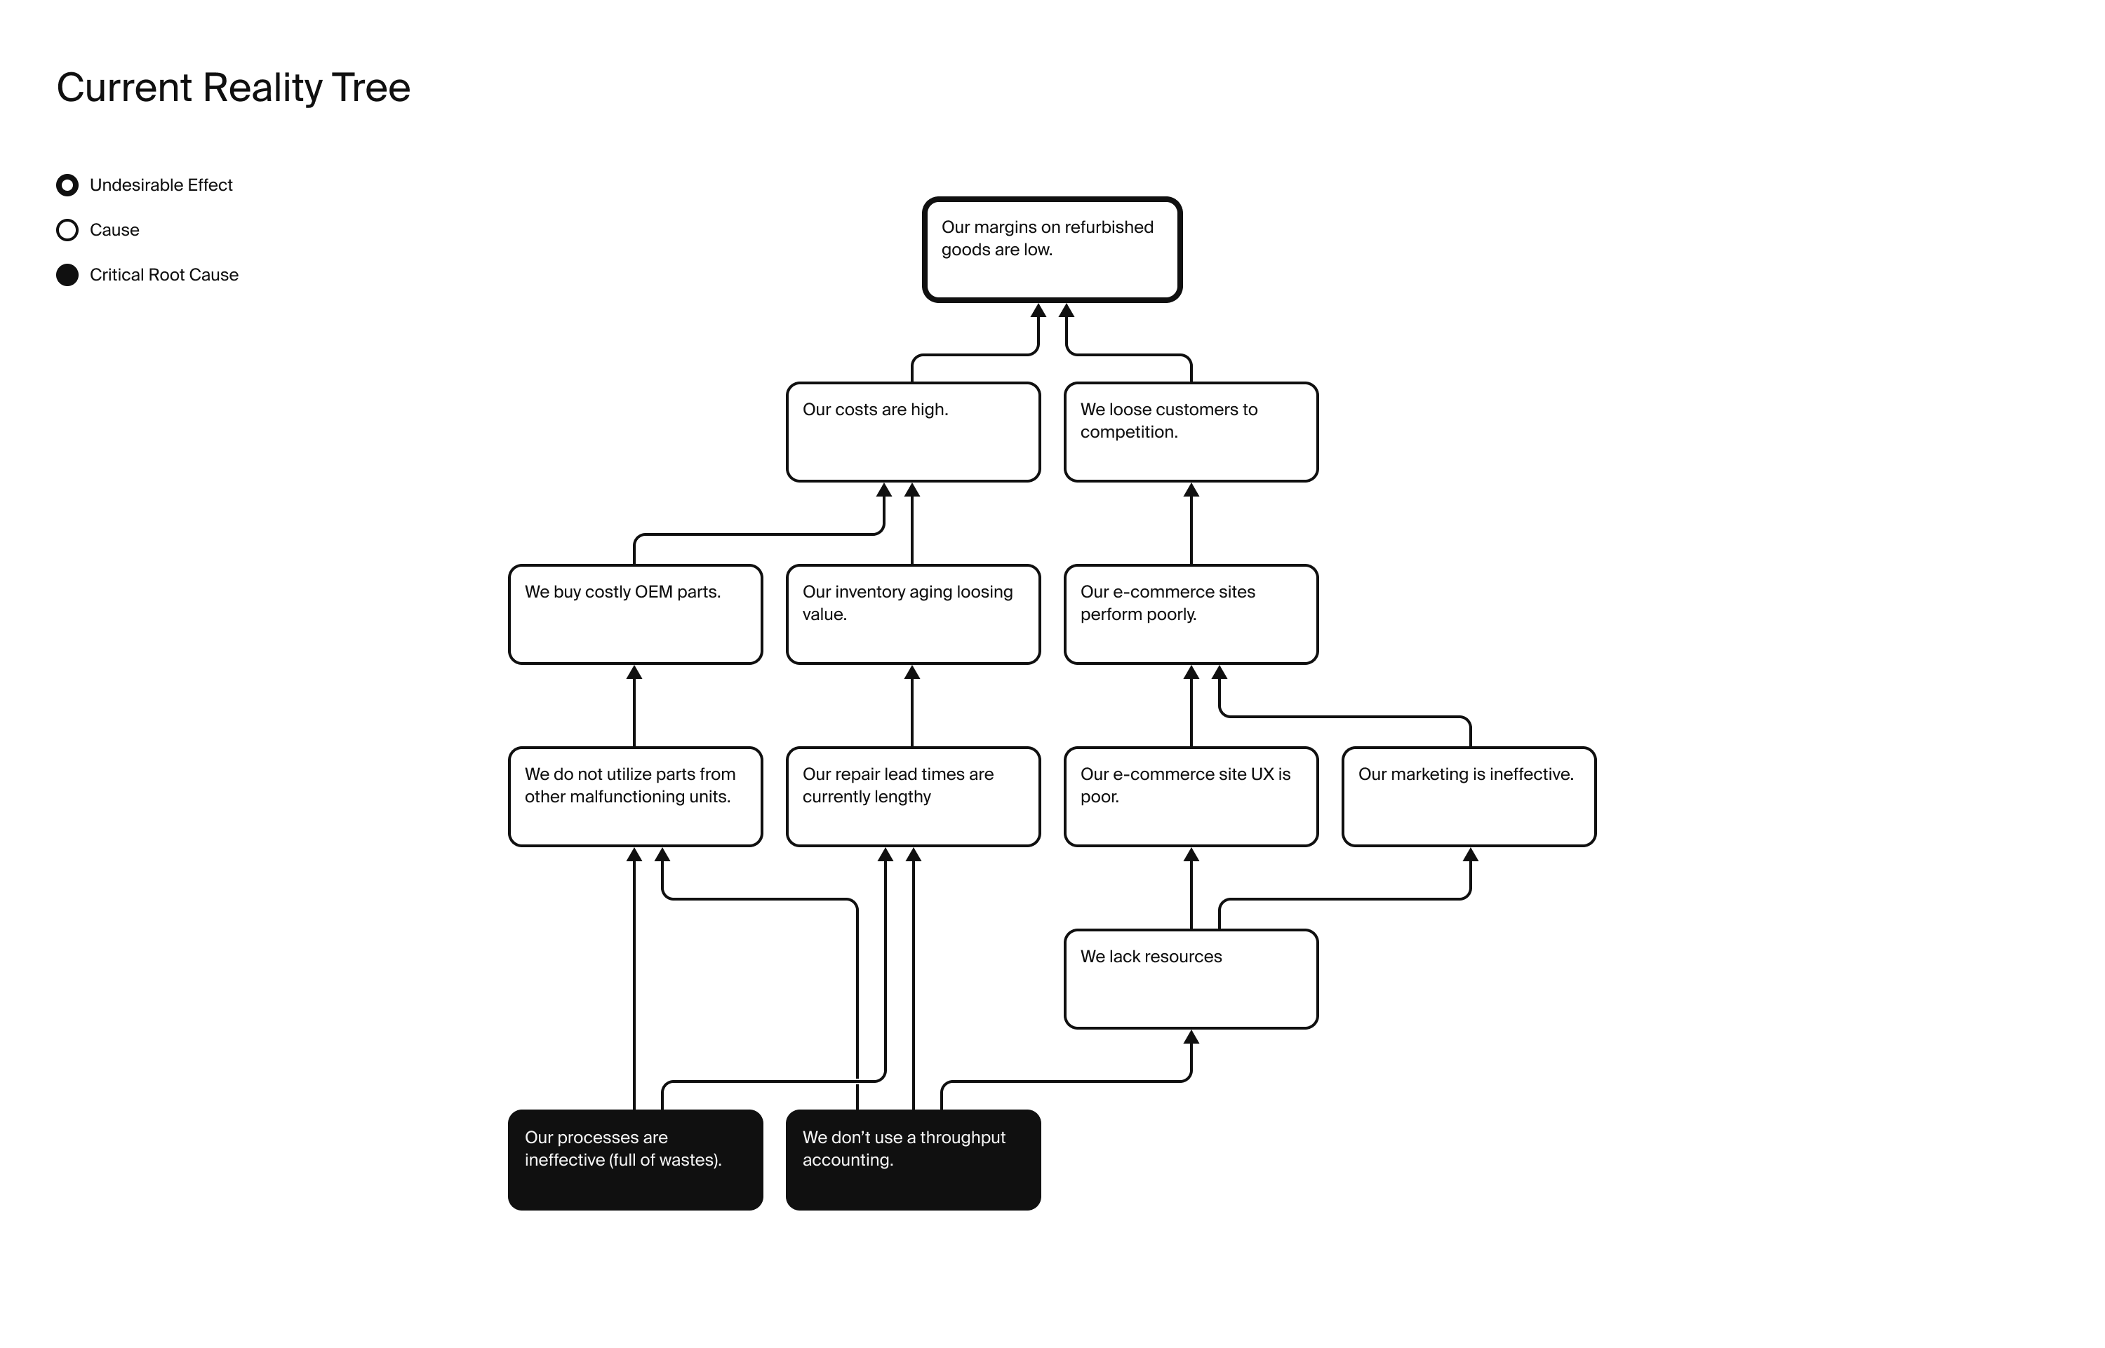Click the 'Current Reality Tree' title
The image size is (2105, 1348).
(x=233, y=88)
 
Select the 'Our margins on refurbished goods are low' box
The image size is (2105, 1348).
(x=1052, y=250)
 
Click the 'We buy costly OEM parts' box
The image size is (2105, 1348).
(x=636, y=614)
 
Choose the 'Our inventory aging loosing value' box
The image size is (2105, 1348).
(x=914, y=614)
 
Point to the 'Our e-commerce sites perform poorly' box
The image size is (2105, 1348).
(x=1191, y=614)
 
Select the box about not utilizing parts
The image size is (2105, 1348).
(x=636, y=797)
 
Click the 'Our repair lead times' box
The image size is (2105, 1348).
(x=914, y=797)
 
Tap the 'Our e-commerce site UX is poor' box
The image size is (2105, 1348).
(x=1191, y=797)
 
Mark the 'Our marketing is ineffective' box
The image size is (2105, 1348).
(x=1469, y=797)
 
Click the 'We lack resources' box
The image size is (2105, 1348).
(x=1191, y=978)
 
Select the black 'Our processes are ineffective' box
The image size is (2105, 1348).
(x=636, y=1160)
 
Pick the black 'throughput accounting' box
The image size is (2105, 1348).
(x=914, y=1160)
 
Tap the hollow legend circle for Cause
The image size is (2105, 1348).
(x=67, y=230)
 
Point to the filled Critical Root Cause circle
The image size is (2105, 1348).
(x=67, y=275)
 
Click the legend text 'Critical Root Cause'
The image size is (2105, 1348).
(x=163, y=275)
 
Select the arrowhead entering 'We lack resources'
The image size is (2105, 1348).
(x=1191, y=1037)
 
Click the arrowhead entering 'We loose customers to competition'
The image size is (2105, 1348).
(x=1191, y=490)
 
